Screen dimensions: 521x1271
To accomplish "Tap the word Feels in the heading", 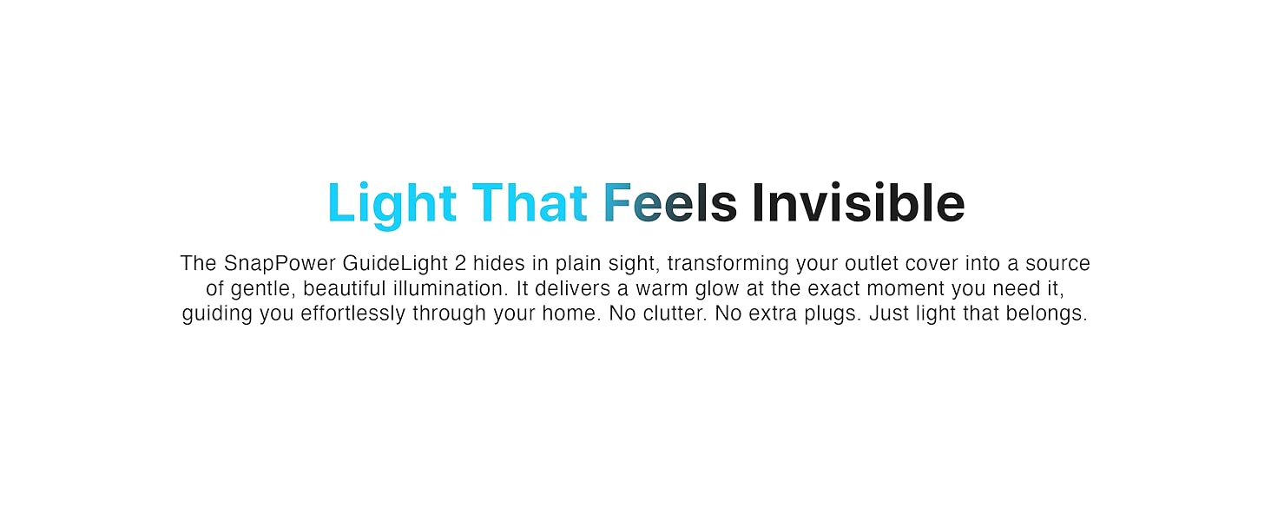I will [669, 204].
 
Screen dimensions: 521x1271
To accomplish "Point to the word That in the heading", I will [530, 204].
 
